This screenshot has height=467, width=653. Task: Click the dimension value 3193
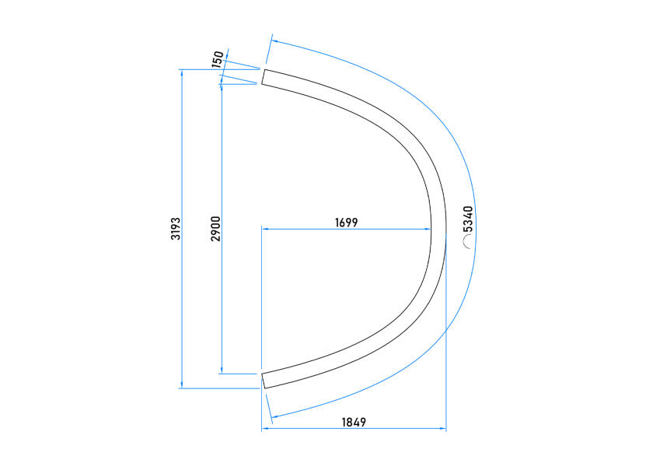[x=176, y=229]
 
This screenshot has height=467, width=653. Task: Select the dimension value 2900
[x=216, y=229]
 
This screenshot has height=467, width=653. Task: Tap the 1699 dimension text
[x=347, y=223]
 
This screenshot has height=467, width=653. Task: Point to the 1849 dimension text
[x=354, y=423]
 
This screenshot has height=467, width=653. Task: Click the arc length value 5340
[x=468, y=219]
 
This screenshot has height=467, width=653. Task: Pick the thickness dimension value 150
[x=218, y=59]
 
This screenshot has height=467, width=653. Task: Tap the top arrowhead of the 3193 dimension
[x=182, y=72]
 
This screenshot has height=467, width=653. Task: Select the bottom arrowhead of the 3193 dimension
[x=182, y=384]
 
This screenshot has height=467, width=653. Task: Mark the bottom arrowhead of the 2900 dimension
[x=222, y=370]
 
